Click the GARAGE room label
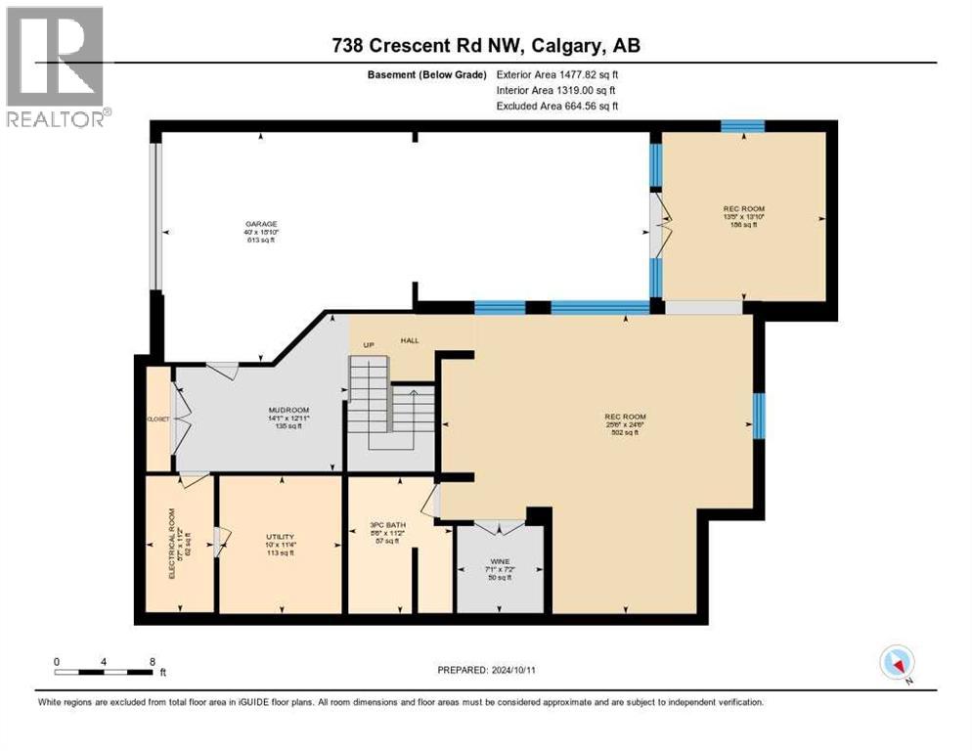pyautogui.click(x=261, y=224)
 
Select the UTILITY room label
pyautogui.click(x=280, y=538)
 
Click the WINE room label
pyautogui.click(x=501, y=561)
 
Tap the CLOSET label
pyautogui.click(x=158, y=419)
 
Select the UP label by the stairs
pyautogui.click(x=368, y=345)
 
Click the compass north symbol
pyautogui.click(x=896, y=663)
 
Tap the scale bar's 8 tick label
pyautogui.click(x=152, y=661)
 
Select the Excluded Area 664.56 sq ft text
pyautogui.click(x=557, y=106)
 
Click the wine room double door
pyautogui.click(x=500, y=528)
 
